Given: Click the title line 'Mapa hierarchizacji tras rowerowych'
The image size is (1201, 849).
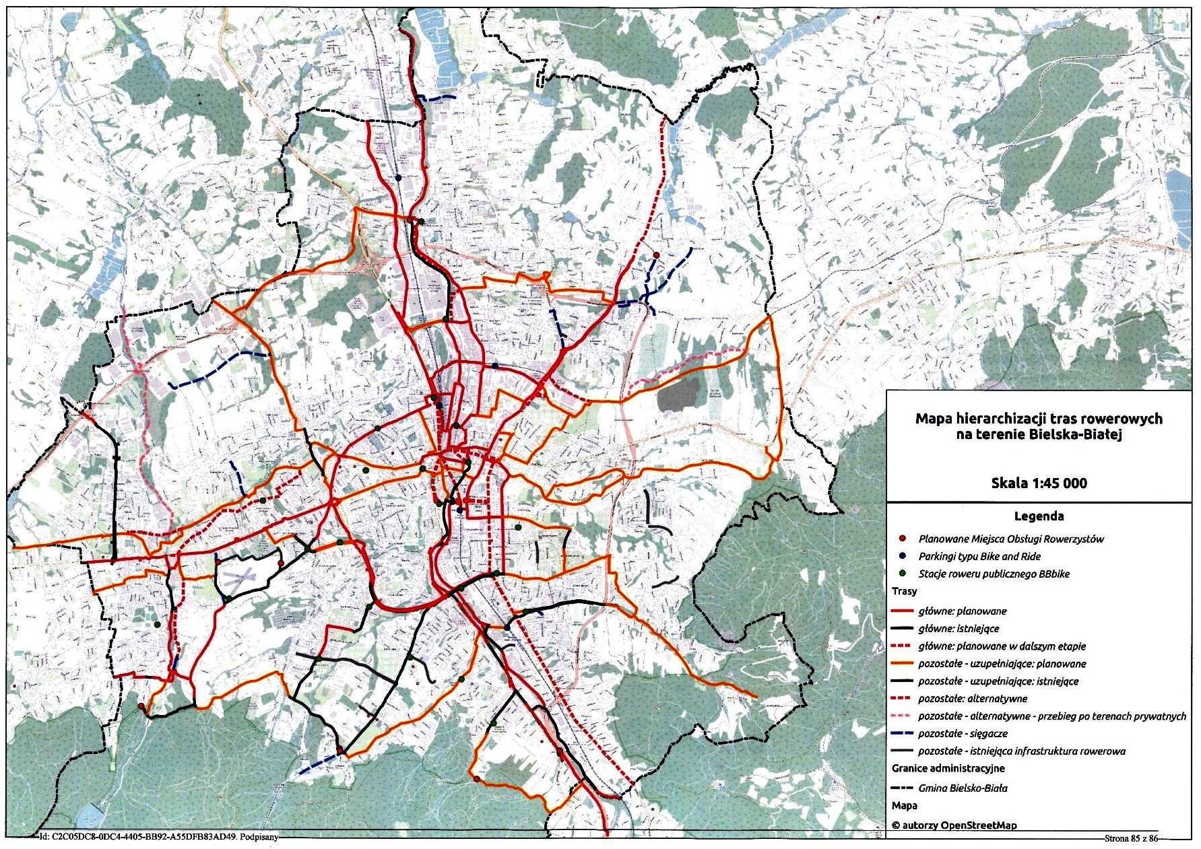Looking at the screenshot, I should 1038,419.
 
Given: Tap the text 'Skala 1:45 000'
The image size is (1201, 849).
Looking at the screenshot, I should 1039,483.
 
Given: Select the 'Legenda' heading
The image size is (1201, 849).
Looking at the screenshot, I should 1039,516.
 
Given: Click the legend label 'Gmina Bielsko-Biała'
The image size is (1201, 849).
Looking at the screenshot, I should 963,788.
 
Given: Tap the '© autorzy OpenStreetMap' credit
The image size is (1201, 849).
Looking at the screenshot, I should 954,825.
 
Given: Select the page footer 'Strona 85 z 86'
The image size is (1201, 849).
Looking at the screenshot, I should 1131,839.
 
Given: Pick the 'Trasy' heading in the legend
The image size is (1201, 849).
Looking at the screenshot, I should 904,591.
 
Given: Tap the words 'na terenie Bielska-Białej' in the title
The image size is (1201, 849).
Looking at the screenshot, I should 1038,435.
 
